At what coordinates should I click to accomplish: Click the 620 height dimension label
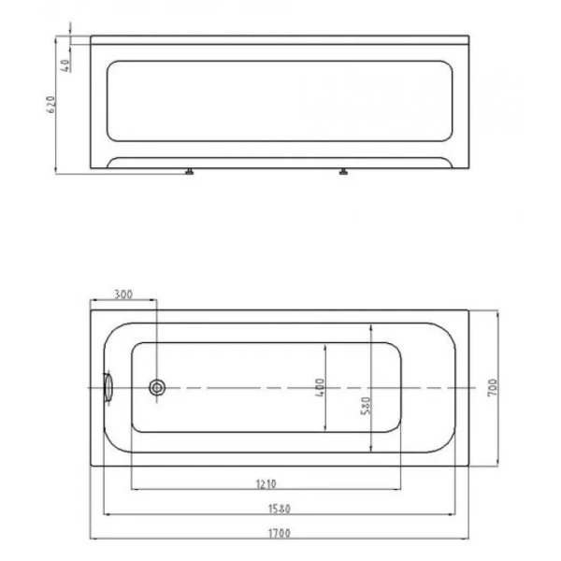click(51, 105)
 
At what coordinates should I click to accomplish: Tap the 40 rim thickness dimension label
click(65, 65)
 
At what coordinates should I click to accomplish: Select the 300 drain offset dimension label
click(123, 295)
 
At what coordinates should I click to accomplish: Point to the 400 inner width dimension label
click(320, 387)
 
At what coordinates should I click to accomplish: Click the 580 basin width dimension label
click(366, 406)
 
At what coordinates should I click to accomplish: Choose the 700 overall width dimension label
click(493, 387)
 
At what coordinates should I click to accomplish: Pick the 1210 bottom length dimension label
click(266, 484)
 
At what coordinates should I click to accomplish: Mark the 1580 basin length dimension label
click(280, 509)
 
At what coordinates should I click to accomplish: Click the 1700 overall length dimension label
click(280, 533)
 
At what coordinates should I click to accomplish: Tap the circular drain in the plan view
click(157, 387)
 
